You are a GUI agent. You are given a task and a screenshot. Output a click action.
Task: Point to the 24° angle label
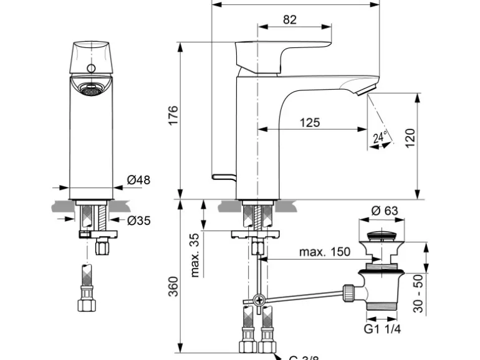(x=380, y=137)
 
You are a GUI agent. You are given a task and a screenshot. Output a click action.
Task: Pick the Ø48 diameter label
(x=138, y=180)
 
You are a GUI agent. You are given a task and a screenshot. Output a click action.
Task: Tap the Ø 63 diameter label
(x=384, y=211)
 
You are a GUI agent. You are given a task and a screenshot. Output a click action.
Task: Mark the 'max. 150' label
(x=324, y=252)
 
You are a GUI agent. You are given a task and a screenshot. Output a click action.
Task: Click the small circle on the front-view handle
(x=90, y=68)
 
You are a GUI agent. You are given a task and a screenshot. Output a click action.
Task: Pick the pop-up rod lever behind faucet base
(x=224, y=176)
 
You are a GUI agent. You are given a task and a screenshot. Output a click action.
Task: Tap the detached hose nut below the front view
(x=87, y=305)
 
